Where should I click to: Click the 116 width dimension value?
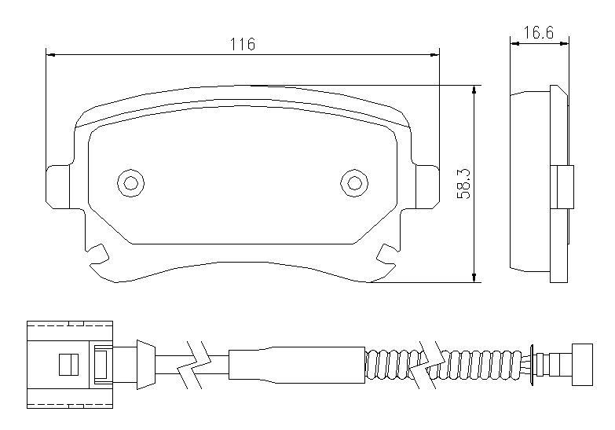[x=243, y=44]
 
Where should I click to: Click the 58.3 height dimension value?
[x=464, y=184]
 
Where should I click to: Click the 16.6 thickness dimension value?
[x=539, y=32]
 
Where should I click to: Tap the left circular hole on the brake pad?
[x=130, y=183]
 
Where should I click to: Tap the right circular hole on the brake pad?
[x=354, y=183]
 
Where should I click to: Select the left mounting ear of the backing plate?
[x=57, y=187]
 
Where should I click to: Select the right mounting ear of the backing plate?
[x=427, y=187]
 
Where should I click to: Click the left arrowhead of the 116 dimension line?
[x=50, y=55]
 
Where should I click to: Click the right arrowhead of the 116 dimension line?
[x=434, y=55]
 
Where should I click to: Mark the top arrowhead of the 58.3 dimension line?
[x=474, y=90]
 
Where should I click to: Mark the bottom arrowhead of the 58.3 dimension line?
[x=474, y=277]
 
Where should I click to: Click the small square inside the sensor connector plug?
[x=68, y=365]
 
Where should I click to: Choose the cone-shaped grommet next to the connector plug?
[x=145, y=365]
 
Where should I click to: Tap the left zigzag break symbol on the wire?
[x=194, y=365]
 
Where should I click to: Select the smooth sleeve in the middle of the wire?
[x=297, y=365]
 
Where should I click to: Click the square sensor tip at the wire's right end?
[x=582, y=365]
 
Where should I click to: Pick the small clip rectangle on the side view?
[x=566, y=187]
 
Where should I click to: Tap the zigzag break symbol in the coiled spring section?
[x=427, y=365]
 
